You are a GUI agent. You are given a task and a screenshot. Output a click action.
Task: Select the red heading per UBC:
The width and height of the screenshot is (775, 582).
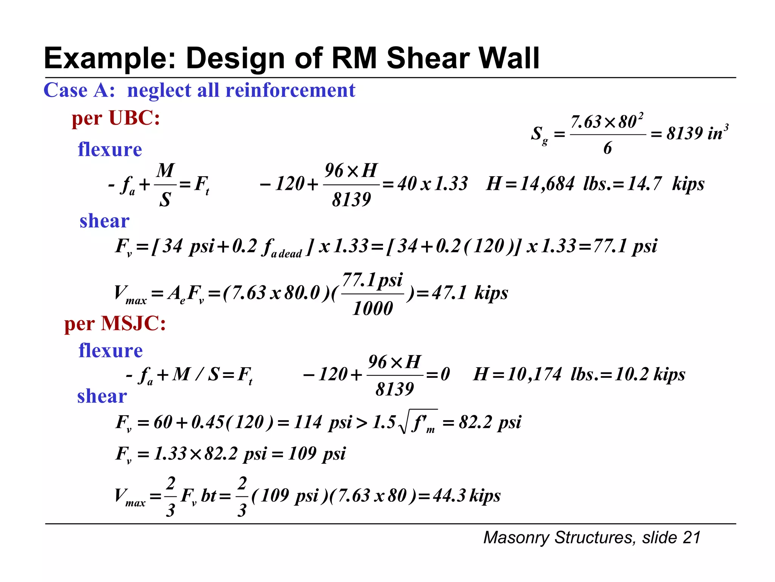tap(116, 118)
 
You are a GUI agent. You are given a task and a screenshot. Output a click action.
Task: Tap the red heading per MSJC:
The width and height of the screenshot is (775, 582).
tap(115, 324)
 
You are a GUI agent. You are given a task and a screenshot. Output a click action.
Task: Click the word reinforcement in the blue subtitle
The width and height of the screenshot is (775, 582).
tap(290, 90)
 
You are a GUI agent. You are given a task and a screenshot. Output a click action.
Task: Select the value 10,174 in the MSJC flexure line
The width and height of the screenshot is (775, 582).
tap(534, 374)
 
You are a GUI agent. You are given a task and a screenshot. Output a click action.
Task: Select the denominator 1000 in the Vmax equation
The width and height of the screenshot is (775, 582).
tap(373, 308)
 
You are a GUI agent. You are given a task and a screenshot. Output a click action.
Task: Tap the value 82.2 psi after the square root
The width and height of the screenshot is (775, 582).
tap(490, 422)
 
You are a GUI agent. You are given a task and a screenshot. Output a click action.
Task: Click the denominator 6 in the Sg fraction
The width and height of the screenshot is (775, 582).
tap(607, 148)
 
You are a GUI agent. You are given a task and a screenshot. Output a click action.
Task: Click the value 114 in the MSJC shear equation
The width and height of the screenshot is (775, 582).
tap(308, 422)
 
